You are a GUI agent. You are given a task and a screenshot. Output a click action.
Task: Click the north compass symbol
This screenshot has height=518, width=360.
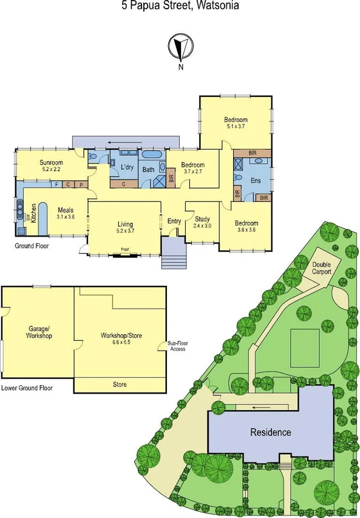pos(180,47)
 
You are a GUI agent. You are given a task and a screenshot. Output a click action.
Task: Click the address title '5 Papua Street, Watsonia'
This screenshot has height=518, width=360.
pos(180,6)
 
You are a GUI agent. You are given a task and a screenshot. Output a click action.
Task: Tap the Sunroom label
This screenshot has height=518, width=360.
pos(52,163)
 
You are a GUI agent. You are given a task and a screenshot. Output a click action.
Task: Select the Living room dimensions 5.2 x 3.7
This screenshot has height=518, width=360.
pos(126,230)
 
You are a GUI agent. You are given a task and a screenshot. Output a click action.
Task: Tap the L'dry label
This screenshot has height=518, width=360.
pos(126,167)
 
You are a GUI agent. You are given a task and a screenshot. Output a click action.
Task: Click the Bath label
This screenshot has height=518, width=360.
pos(148,170)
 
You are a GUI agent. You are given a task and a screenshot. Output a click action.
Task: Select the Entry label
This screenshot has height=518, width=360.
pos(174,221)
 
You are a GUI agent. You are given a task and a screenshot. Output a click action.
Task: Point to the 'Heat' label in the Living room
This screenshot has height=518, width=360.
pos(124,249)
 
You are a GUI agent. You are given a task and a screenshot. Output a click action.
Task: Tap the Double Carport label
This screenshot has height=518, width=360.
pos(321,268)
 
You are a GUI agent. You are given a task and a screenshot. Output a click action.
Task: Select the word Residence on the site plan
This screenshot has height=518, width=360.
pos(271,432)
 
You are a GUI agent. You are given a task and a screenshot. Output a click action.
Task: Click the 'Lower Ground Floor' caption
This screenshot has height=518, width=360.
pos(27,387)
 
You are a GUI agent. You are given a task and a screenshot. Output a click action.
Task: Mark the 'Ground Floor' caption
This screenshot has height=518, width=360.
pos(32,246)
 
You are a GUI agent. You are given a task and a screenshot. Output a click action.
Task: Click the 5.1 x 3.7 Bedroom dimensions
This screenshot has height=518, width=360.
pos(236,127)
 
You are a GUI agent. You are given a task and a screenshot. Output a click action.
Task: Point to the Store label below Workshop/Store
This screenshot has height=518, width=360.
pos(120,385)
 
